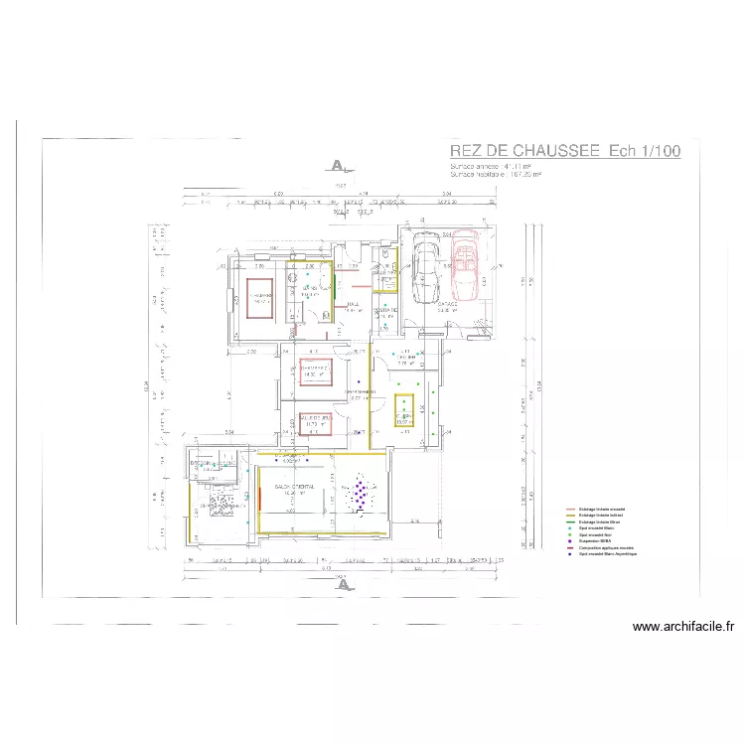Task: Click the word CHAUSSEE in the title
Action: pos(551,151)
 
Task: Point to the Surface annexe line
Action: pos(491,166)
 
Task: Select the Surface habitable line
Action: pos(496,175)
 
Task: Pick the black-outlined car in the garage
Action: pos(426,266)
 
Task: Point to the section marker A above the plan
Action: pos(339,165)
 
